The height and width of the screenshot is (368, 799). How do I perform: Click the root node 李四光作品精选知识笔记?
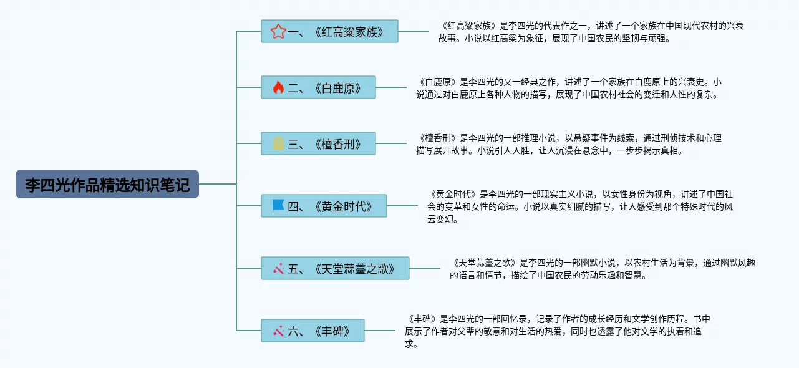(107, 185)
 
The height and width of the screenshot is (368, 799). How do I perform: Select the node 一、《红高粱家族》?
(329, 31)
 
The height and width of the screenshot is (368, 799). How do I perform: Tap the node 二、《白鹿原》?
(318, 87)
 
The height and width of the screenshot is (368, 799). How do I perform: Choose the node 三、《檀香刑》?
(318, 144)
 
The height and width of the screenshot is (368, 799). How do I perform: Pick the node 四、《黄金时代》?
(324, 206)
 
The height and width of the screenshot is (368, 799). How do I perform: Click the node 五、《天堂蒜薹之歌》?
(335, 269)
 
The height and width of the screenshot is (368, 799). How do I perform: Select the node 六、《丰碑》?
(312, 331)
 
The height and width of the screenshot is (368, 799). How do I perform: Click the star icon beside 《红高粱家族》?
(278, 31)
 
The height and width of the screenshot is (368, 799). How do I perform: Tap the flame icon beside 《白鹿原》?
(278, 87)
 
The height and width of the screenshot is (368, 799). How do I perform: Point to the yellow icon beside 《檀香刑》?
(278, 144)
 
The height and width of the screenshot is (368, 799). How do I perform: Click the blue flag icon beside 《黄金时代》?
(278, 206)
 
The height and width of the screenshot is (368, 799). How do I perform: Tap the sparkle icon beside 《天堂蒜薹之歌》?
(278, 269)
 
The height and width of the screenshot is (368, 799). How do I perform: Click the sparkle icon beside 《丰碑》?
(278, 331)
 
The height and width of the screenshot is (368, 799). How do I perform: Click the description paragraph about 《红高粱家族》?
(591, 32)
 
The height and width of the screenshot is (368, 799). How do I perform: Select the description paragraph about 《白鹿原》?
(569, 88)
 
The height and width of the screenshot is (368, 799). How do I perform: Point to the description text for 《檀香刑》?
(569, 144)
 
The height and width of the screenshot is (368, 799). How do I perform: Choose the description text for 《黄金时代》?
(580, 206)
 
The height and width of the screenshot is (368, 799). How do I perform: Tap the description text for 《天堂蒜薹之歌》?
(602, 269)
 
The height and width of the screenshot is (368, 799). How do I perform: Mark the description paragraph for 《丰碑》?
(558, 331)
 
